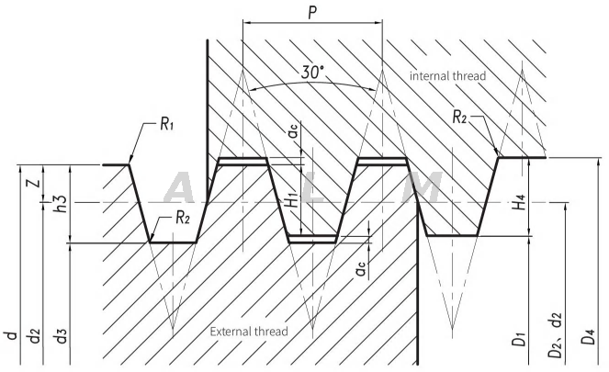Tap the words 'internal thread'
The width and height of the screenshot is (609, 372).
pos(447,75)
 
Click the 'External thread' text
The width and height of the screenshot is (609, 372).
pos(250,331)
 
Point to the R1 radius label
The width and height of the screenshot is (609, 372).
pos(166,124)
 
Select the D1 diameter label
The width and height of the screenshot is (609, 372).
pos(521,339)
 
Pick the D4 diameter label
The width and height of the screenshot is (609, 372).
pos(590,337)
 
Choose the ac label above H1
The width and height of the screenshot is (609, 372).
pos(291,135)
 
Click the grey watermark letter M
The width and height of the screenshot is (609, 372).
pos(422,187)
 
